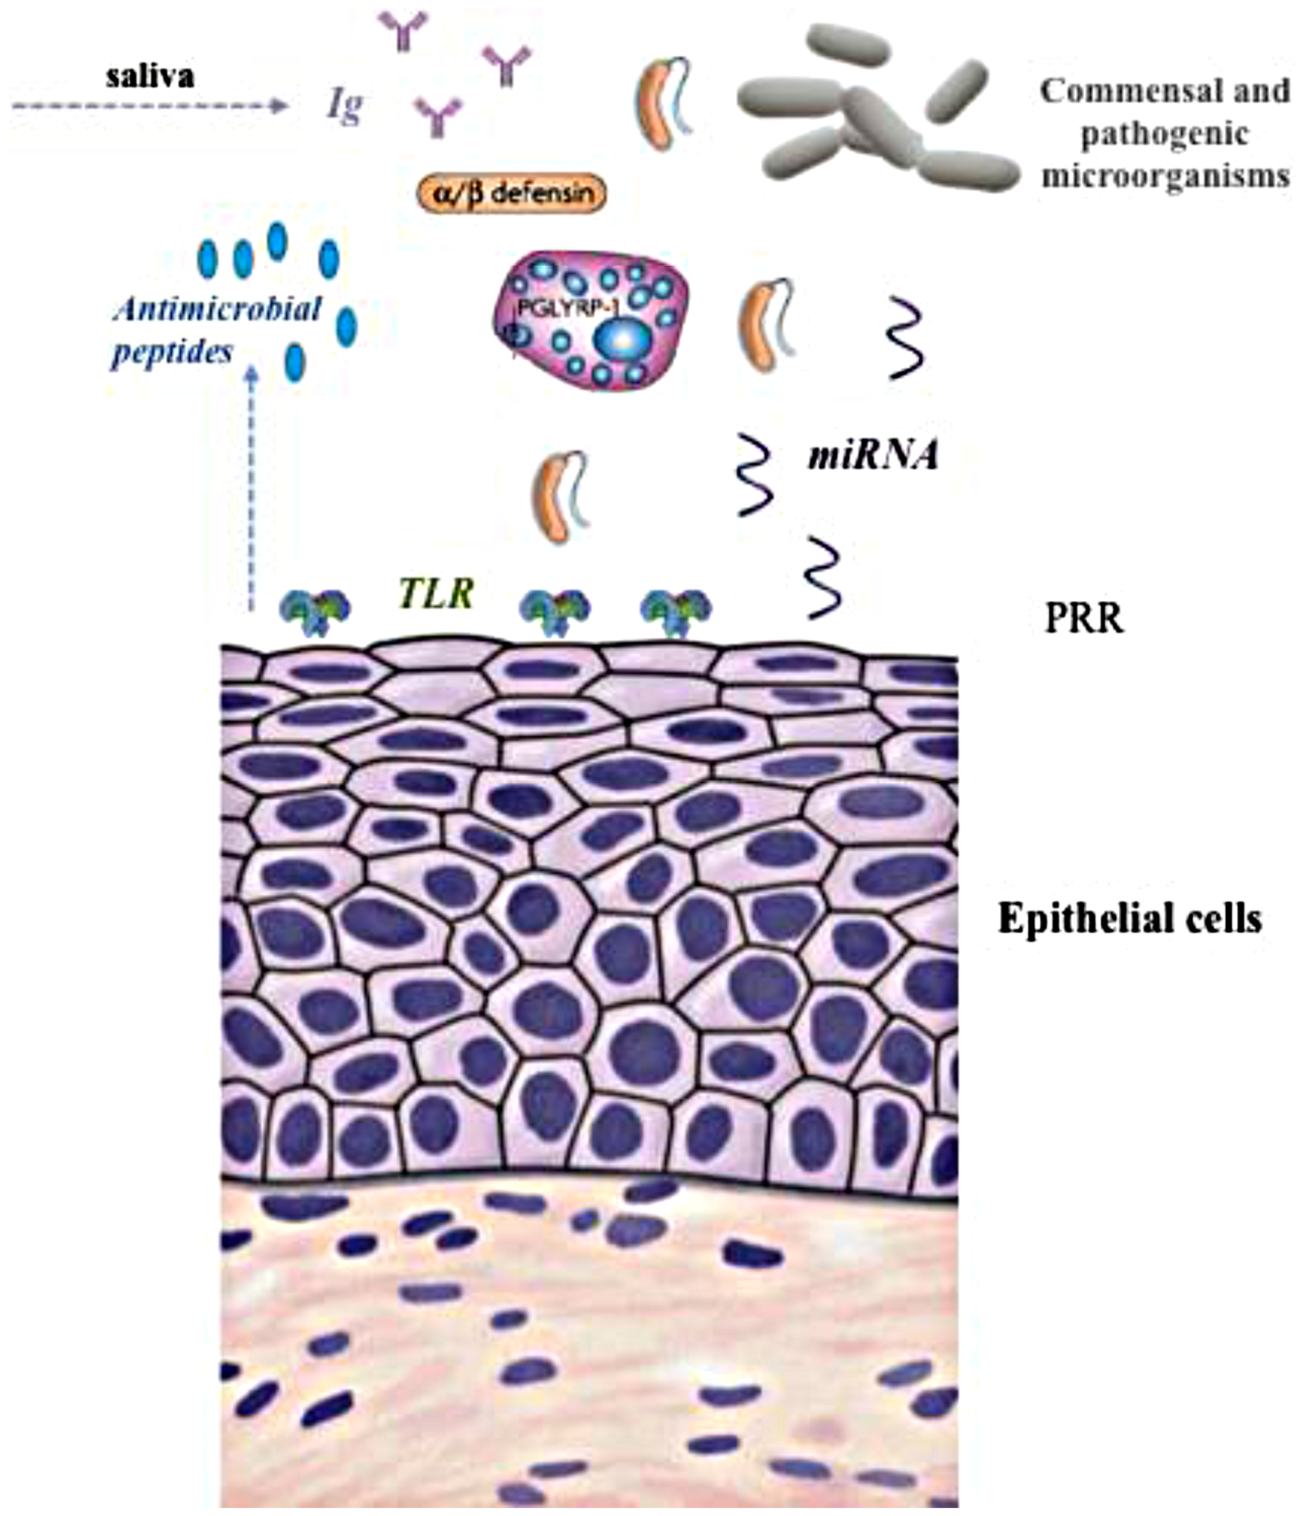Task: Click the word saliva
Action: (x=150, y=76)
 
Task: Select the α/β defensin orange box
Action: (x=511, y=194)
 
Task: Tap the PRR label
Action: (x=1083, y=619)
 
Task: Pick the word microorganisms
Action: (x=1165, y=176)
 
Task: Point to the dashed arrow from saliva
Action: (x=150, y=106)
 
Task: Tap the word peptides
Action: (x=172, y=353)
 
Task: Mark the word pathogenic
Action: (x=1164, y=134)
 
